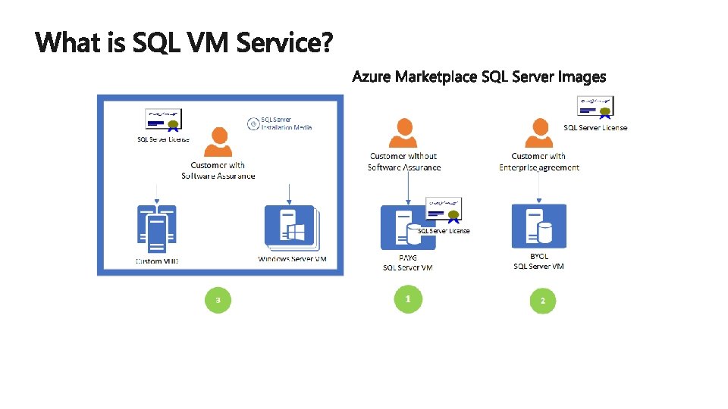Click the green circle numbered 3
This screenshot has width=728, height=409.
coord(218,301)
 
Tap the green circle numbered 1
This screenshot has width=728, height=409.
coord(408,299)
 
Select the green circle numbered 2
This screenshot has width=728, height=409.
coord(542,301)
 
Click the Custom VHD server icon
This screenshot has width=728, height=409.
coord(156,229)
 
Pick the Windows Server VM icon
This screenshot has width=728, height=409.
coord(292,227)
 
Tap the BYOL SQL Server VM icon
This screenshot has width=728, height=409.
coord(538,226)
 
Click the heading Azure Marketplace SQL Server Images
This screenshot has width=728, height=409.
coord(479,76)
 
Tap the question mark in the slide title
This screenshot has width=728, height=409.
coord(325,42)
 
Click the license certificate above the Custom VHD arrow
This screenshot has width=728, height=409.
coord(163,120)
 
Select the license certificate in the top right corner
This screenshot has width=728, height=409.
coord(596,107)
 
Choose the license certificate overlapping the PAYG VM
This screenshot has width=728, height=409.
coord(445,210)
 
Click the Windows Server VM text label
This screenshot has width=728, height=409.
coord(293,259)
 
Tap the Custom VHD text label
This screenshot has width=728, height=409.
coord(157,261)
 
